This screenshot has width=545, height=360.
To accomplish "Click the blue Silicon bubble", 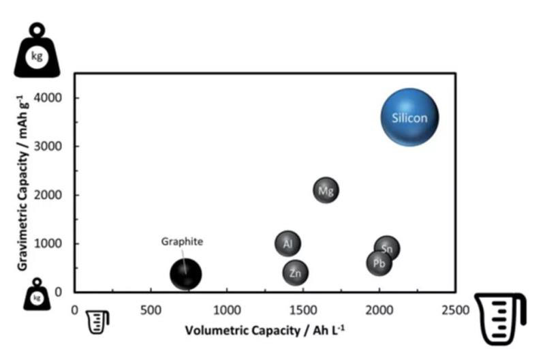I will pyautogui.click(x=409, y=118).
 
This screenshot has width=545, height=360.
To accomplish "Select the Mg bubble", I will pyautogui.click(x=326, y=190).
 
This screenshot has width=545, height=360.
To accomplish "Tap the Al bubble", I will pyautogui.click(x=287, y=243).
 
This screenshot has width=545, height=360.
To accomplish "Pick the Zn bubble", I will pyautogui.click(x=295, y=273).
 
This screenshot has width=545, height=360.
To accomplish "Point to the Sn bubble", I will pyautogui.click(x=387, y=249).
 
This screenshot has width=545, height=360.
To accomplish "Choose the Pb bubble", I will pyautogui.click(x=379, y=262).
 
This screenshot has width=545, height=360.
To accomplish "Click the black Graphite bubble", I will pyautogui.click(x=185, y=274).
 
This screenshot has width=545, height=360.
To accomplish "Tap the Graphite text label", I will pyautogui.click(x=182, y=241).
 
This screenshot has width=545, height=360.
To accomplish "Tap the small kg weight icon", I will pyautogui.click(x=37, y=297).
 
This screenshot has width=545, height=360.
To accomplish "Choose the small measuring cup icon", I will pyautogui.click(x=98, y=321).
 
